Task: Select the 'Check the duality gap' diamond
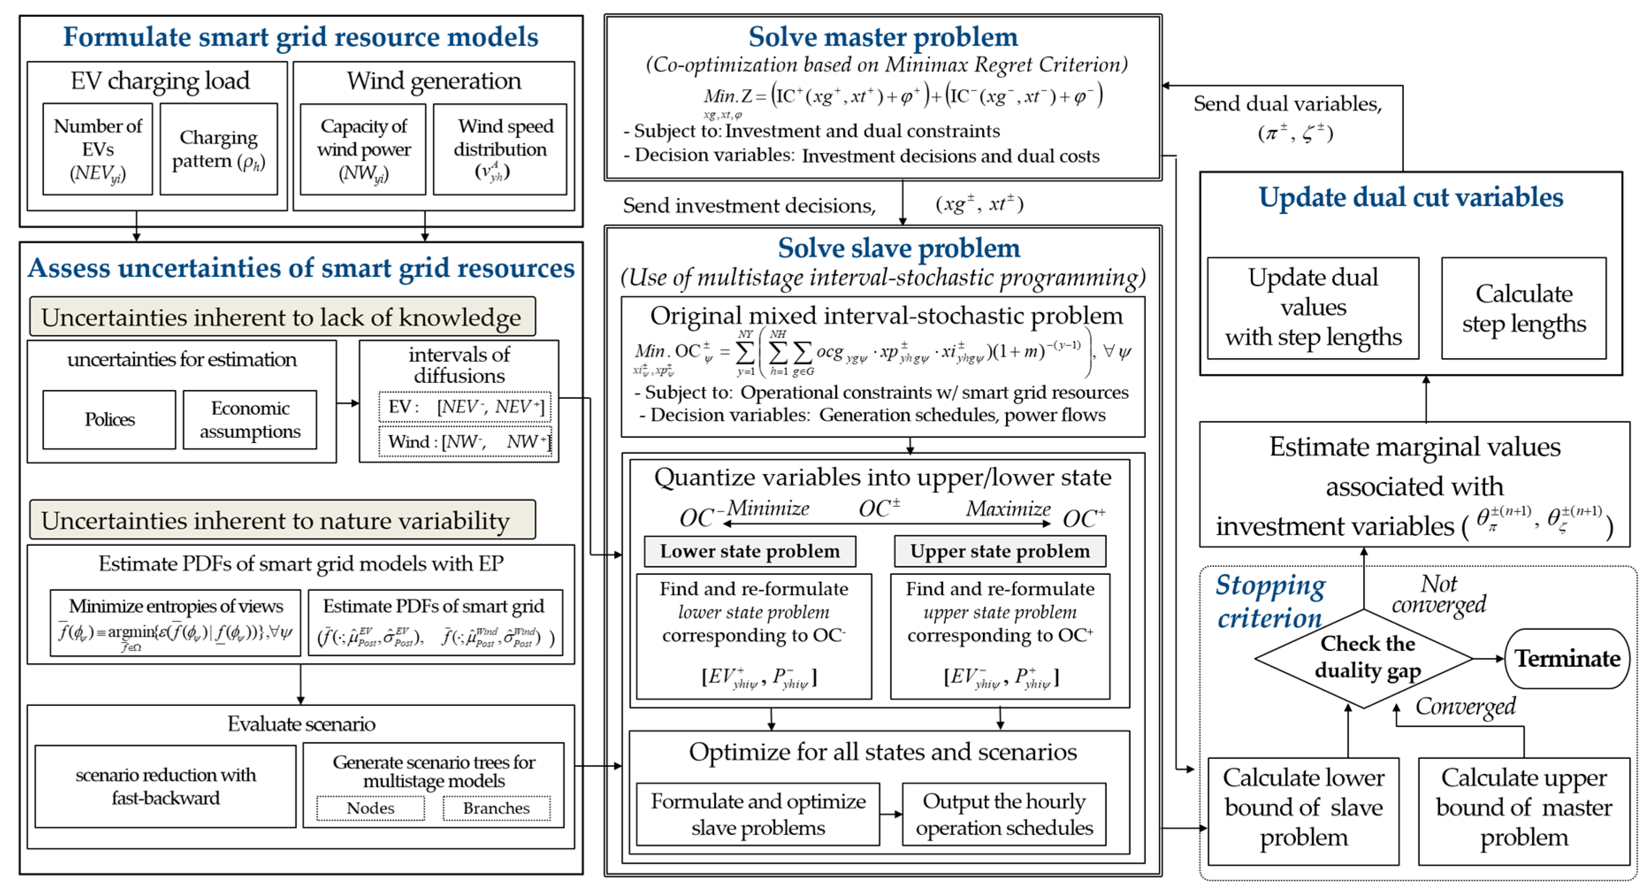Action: [1364, 658]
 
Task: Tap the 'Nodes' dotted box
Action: [370, 808]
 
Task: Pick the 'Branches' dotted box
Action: [496, 808]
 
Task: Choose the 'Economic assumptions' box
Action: [250, 420]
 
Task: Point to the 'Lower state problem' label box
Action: [750, 551]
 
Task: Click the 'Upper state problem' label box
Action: [999, 551]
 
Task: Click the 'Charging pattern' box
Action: [218, 149]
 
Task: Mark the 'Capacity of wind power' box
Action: [363, 149]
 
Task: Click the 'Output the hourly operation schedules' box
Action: [1004, 814]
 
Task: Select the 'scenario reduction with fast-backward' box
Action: [165, 786]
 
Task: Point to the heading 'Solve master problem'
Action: [883, 37]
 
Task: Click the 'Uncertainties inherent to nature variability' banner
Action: [282, 520]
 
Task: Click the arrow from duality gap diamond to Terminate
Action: [1487, 658]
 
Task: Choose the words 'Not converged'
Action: [1439, 594]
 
